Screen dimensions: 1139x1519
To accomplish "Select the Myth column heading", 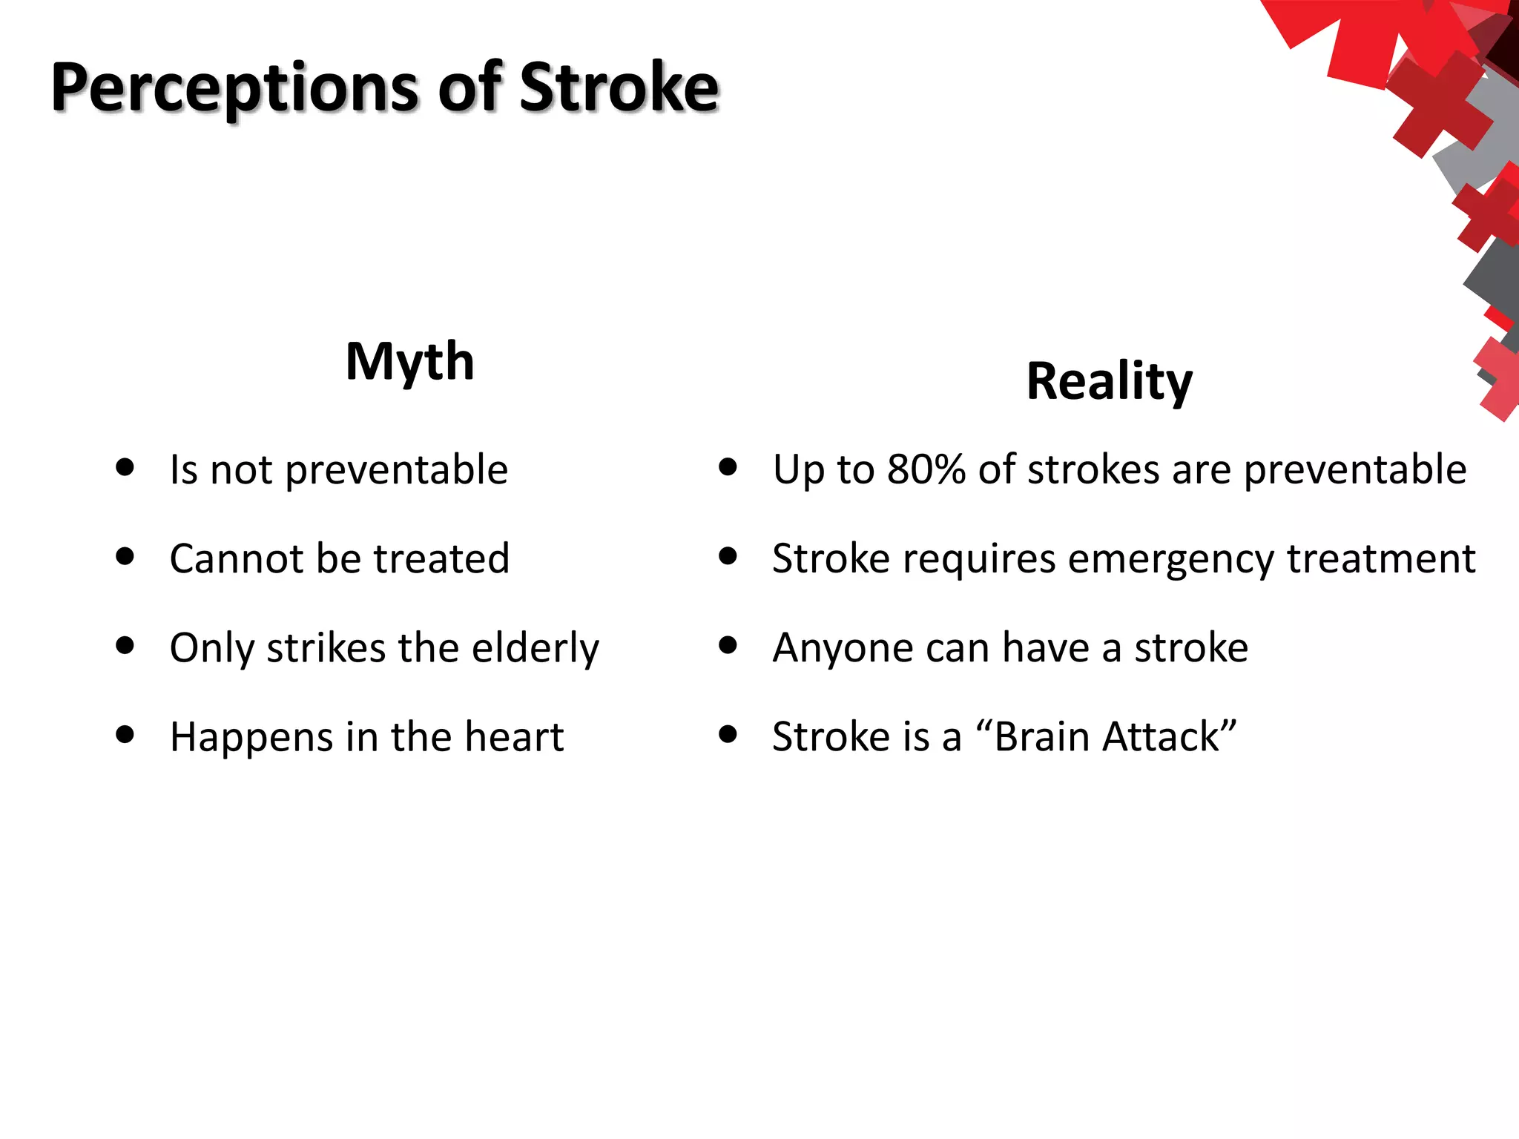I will click(409, 362).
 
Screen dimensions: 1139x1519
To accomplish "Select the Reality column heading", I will click(1109, 381).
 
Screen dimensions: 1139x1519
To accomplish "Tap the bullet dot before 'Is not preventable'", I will click(125, 467).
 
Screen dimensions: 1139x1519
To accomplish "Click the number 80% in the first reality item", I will click(926, 469).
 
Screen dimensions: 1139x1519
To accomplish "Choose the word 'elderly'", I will click(536, 648).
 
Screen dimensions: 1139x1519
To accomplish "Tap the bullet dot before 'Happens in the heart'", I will click(125, 734).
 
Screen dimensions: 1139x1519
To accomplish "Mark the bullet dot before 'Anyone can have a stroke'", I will click(728, 645).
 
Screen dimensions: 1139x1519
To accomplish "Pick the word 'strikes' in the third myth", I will click(326, 648).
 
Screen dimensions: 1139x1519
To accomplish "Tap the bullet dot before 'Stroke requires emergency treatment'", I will click(728, 556).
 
